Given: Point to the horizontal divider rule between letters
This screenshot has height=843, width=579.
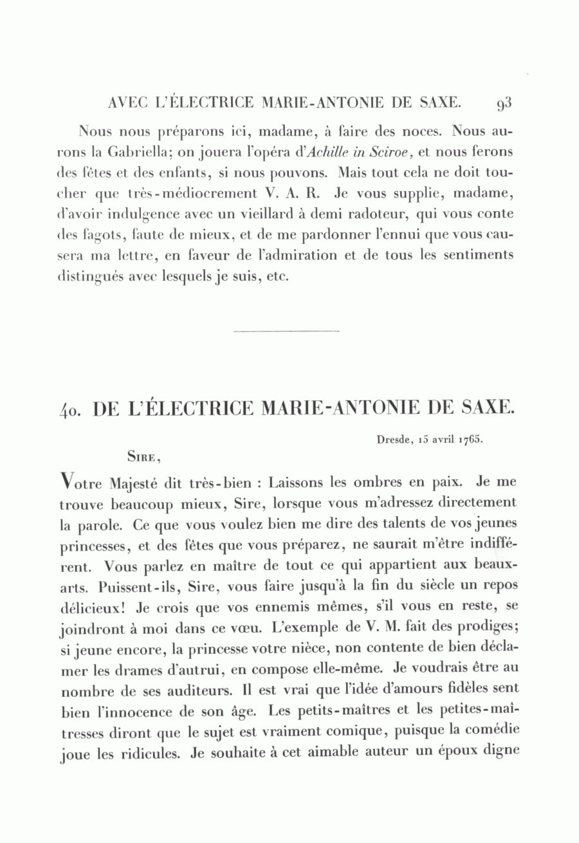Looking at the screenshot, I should (287, 331).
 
